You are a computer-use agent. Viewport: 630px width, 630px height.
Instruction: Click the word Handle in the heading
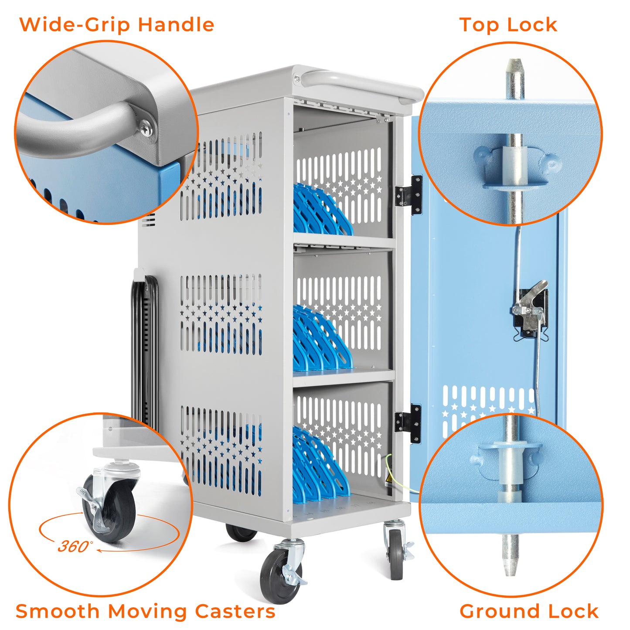point(176,25)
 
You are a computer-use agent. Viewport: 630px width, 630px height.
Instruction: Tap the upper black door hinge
point(409,195)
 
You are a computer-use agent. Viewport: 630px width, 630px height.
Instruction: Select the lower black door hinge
point(408,424)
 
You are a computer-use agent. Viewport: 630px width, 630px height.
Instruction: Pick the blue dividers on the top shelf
point(322,210)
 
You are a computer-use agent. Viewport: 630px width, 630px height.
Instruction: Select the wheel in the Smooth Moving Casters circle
point(109,509)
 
